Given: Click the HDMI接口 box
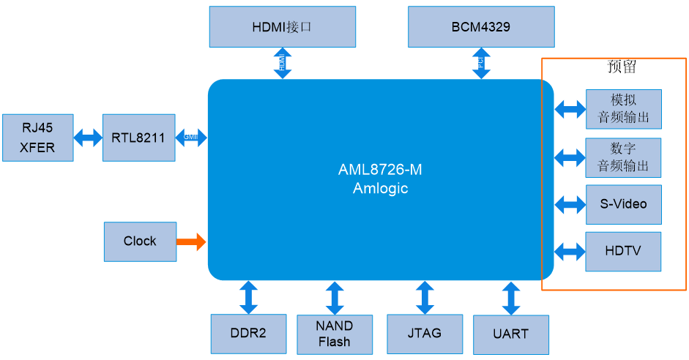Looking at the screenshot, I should coord(282,27).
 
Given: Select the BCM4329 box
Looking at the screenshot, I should coord(480,27).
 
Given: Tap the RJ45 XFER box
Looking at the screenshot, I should coord(37,138).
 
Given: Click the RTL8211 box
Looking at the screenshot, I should coord(138,138).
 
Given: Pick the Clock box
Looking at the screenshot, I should coord(140,241).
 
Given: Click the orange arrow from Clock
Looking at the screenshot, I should coord(192,241).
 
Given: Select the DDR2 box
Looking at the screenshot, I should coord(248,334).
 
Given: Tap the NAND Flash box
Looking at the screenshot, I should coord(335,334).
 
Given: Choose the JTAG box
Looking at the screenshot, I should coord(425,334).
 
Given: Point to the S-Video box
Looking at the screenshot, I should coord(623,204).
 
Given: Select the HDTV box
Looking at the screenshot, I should coord(623,252).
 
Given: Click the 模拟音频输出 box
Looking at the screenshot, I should coord(623,109).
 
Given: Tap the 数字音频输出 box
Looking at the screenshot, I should coord(623,157).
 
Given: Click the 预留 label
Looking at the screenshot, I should coord(622,67).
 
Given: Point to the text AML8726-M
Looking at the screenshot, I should coord(380,170).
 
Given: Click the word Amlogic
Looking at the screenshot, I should coord(380,188).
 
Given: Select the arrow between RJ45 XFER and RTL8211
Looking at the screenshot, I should coord(88,138).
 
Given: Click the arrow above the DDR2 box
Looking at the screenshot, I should coord(248,296).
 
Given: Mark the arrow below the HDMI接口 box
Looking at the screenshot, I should coord(283,63).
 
